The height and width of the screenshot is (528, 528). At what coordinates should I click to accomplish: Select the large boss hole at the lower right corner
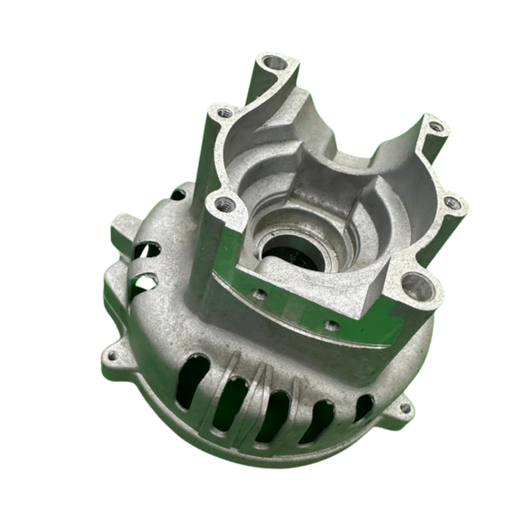[416, 287]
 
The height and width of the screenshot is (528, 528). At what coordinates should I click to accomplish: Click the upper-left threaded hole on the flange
[224, 113]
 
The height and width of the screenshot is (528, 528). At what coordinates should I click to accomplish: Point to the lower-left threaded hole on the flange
[222, 203]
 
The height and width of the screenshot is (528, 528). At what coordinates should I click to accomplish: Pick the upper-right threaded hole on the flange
[434, 127]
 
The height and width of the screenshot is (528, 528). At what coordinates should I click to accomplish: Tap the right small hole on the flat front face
[330, 326]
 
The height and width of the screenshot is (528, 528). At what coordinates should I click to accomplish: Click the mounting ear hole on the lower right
[405, 408]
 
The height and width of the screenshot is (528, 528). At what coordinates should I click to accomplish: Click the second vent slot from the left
[229, 403]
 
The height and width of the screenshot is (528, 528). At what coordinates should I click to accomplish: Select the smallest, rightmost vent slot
[363, 407]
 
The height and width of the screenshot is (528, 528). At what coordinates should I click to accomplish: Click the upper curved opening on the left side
[148, 250]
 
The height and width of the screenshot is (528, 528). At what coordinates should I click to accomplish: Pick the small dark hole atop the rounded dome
[178, 195]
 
